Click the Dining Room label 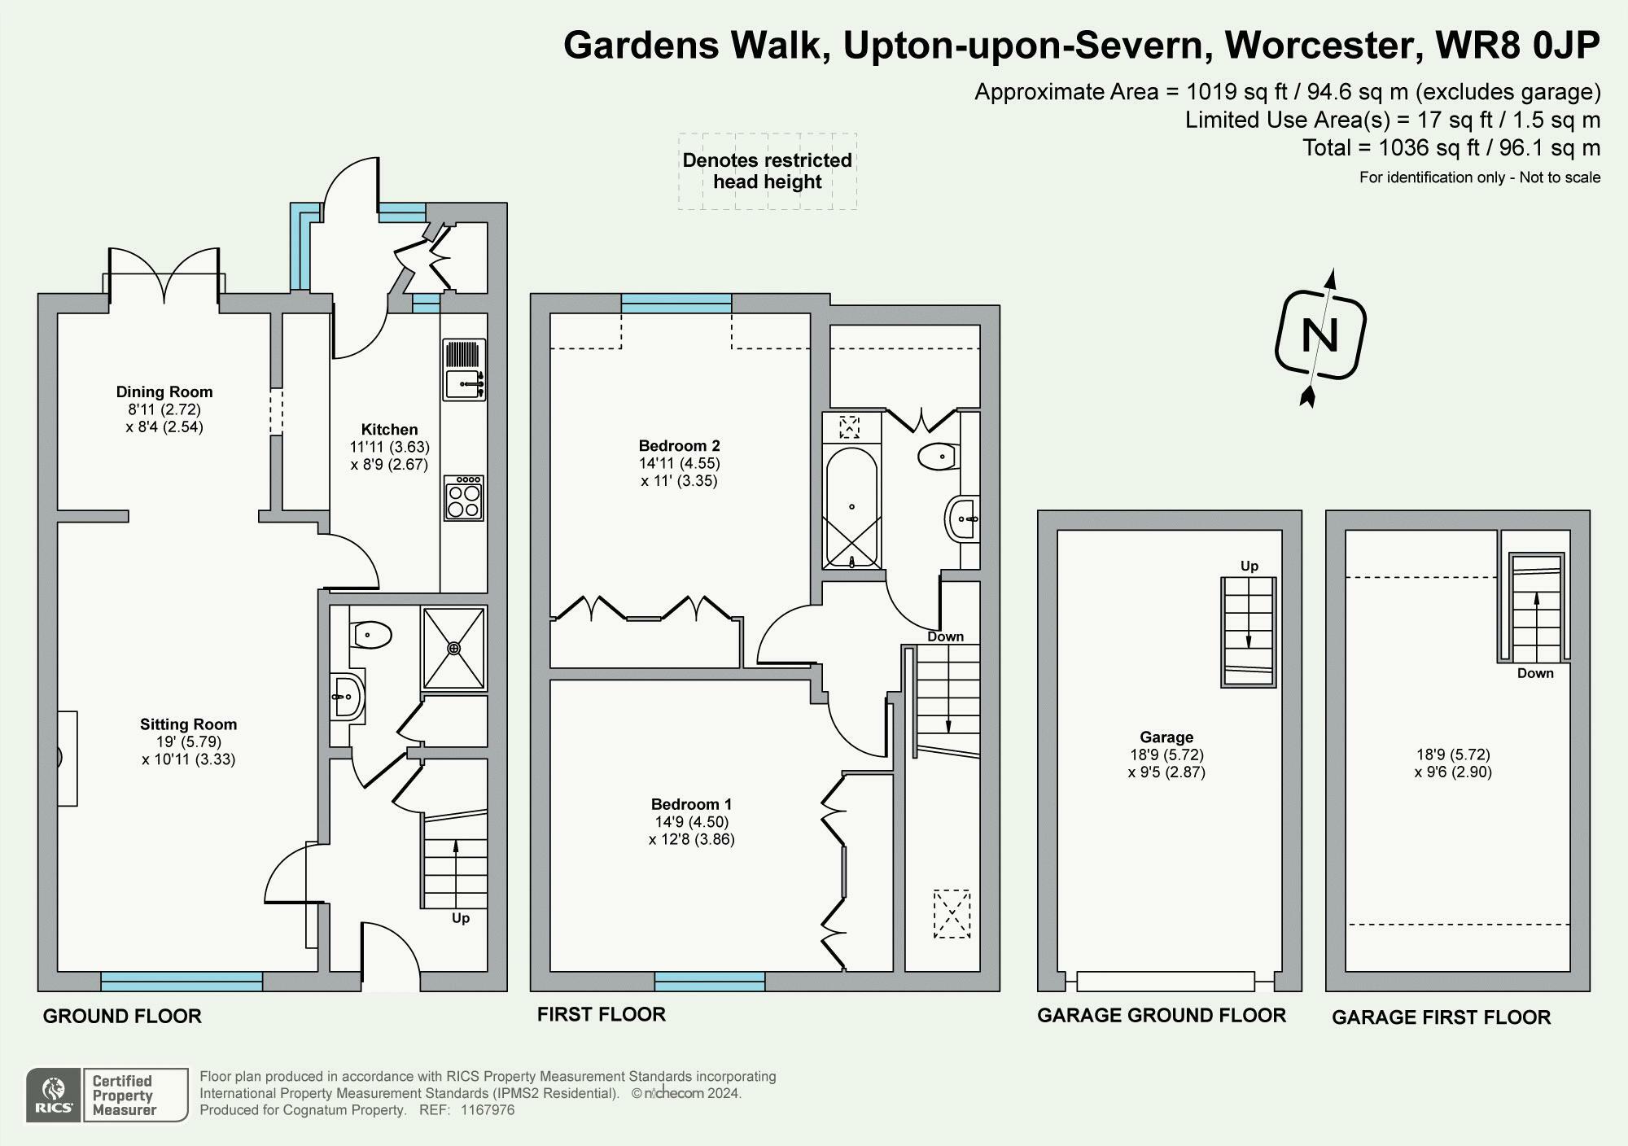pos(164,392)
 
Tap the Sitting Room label pos(188,724)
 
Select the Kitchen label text pos(389,430)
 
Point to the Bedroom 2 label pos(679,446)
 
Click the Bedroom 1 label pos(691,804)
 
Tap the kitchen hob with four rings pos(464,498)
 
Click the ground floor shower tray pos(453,648)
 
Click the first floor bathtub pos(851,507)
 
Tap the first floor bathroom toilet pos(938,457)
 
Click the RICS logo pos(53,1096)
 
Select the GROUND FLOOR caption pos(122,1017)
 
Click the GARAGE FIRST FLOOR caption pos(1441,1017)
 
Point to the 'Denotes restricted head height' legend pos(768,171)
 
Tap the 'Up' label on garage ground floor pos(1249,566)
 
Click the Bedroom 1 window pos(710,981)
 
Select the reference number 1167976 pos(488,1110)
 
